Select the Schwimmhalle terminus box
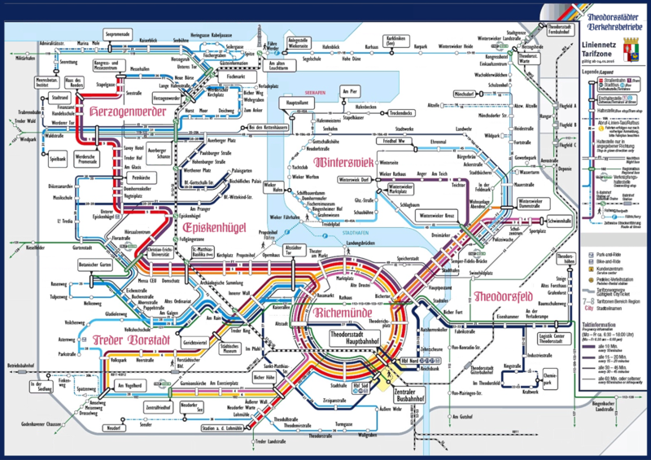(x=535, y=221)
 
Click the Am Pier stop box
(x=351, y=91)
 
